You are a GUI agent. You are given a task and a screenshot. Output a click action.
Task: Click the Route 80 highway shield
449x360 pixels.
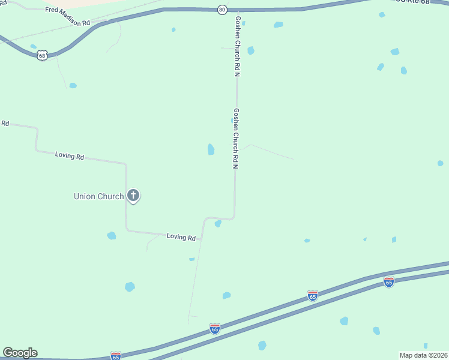point(222,10)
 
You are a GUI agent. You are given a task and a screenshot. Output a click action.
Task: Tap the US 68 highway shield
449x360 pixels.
point(41,56)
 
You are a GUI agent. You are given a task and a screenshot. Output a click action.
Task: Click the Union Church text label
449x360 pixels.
point(98,196)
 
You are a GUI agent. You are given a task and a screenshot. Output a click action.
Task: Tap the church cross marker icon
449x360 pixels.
point(133,195)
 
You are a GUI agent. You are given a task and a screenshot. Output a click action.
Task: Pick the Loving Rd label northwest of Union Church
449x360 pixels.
point(69,155)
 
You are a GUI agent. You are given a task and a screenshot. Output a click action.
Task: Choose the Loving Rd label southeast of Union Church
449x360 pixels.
point(181,238)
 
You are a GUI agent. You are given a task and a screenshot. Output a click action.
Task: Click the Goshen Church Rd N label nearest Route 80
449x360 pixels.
point(237,47)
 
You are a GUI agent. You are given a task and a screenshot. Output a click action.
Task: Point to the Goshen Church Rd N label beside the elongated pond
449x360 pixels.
point(236,138)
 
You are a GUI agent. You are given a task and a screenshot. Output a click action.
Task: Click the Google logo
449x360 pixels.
point(20,353)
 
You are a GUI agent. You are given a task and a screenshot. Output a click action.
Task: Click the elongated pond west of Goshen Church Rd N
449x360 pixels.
point(211,149)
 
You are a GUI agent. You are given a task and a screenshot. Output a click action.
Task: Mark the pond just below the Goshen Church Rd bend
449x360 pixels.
point(218,224)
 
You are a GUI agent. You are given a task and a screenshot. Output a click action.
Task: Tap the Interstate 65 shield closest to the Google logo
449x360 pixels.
point(116,356)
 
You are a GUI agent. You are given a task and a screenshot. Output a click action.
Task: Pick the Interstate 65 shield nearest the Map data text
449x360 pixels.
point(389,281)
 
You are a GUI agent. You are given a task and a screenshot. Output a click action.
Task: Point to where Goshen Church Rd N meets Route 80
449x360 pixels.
point(237,10)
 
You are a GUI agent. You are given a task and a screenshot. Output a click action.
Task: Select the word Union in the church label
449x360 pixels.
point(85,196)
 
